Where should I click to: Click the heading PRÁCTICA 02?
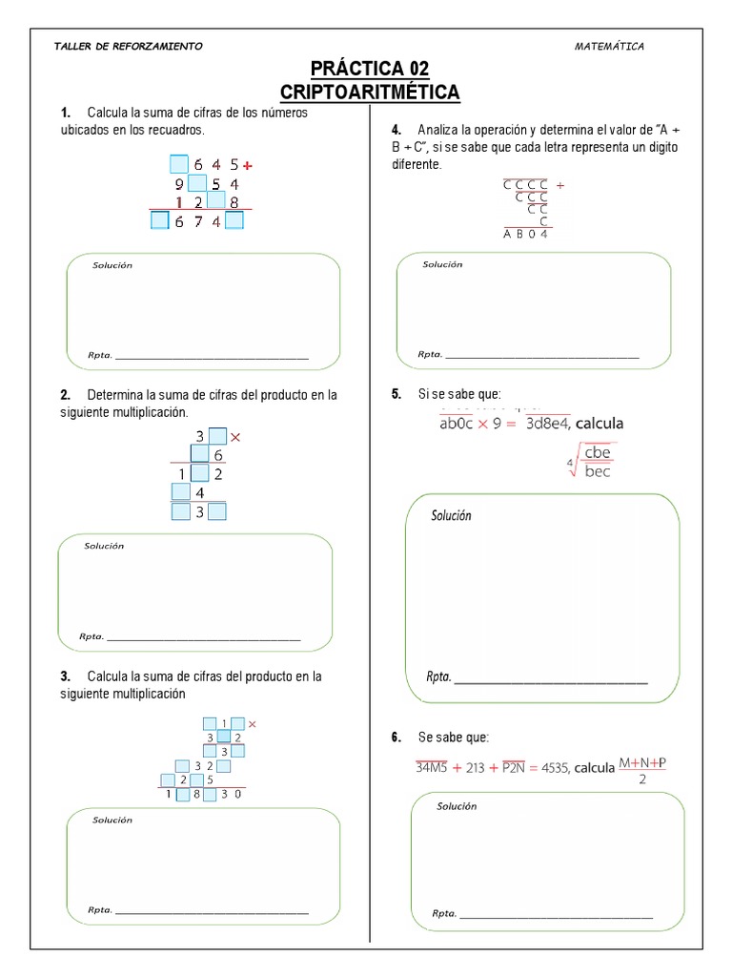point(369,69)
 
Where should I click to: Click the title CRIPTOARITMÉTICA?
point(369,92)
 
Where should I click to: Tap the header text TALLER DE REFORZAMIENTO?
point(129,47)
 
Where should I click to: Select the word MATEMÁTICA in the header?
point(610,46)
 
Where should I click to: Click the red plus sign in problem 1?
point(248,165)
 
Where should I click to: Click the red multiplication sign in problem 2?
point(235,438)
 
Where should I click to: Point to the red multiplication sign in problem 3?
point(253,724)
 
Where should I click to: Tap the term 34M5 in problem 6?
point(435,767)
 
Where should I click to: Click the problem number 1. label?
point(65,114)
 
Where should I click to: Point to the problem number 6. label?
point(396,738)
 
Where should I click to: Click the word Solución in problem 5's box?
point(451,515)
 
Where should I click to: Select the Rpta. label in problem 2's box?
point(91,637)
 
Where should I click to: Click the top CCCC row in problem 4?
point(526,186)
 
